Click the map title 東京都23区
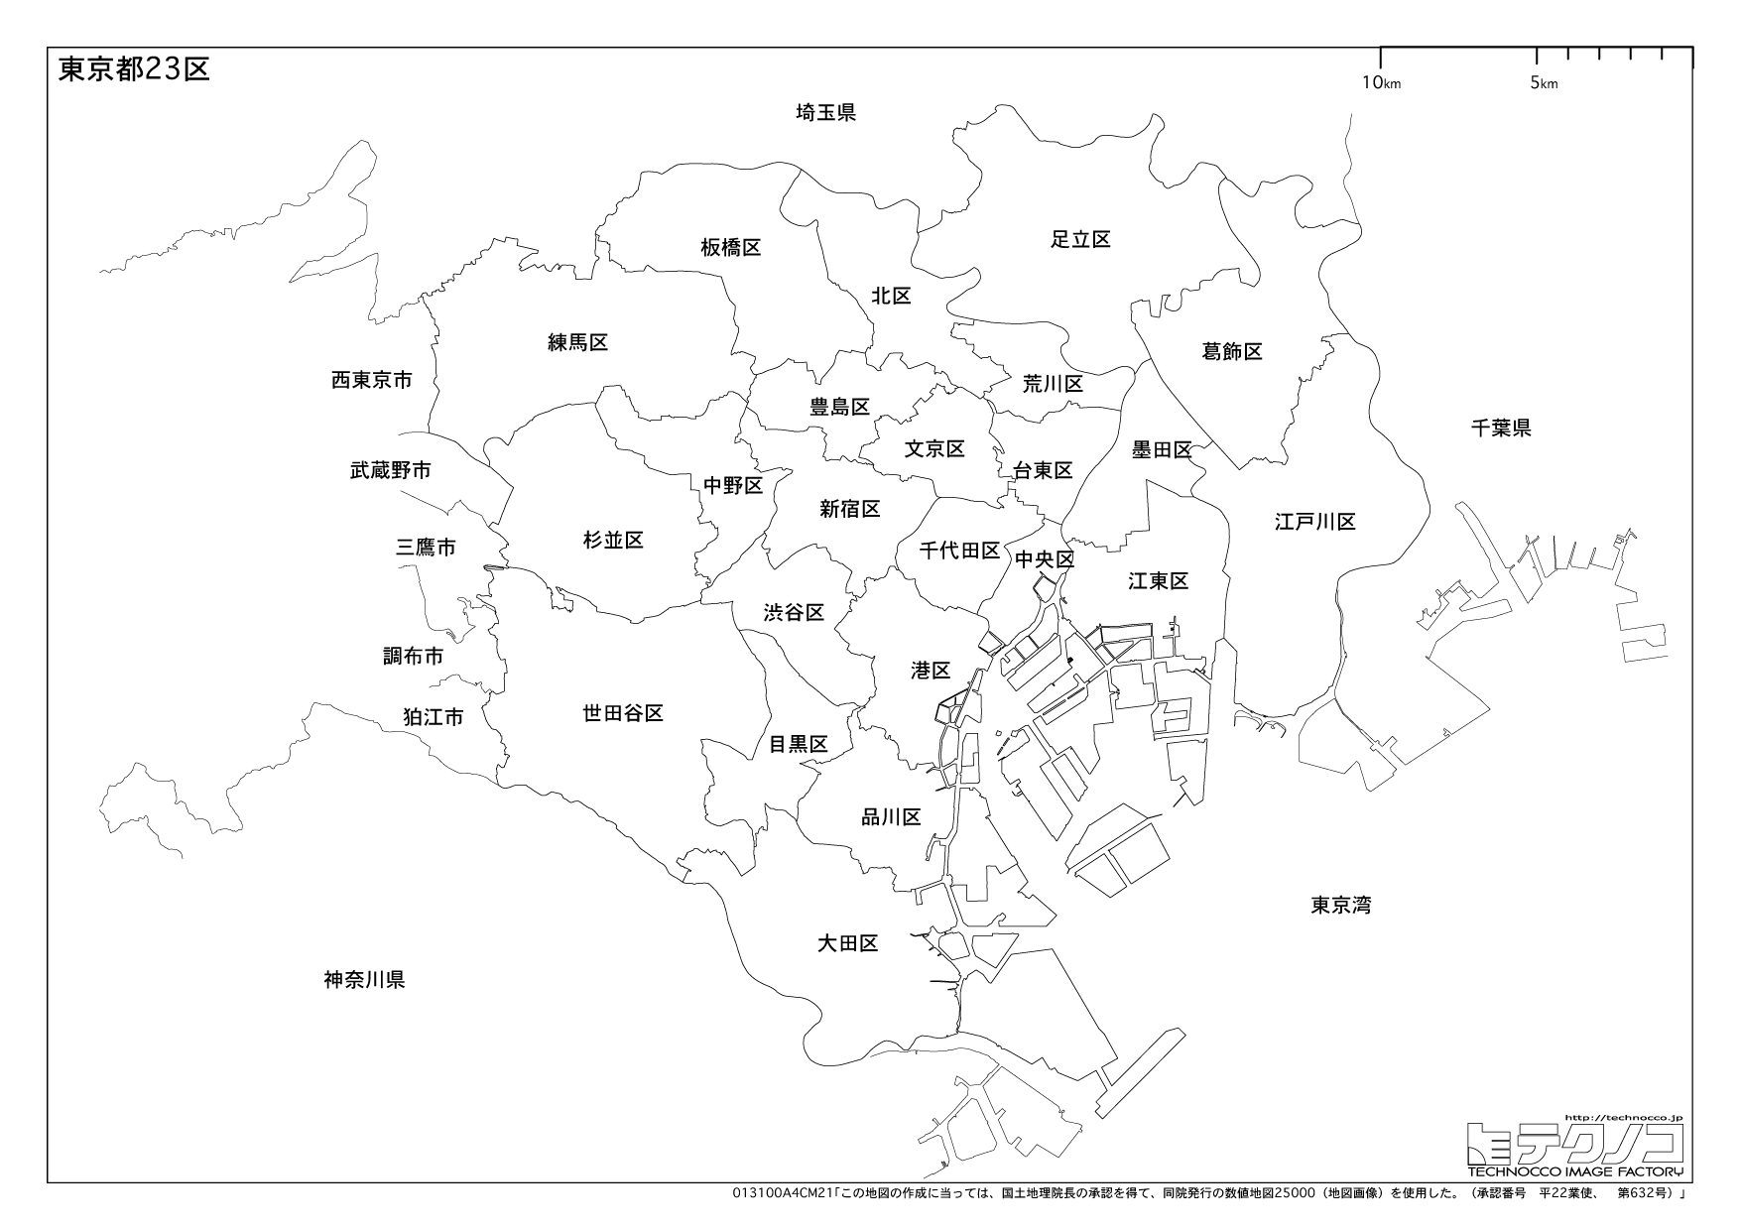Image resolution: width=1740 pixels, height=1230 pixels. pyautogui.click(x=134, y=69)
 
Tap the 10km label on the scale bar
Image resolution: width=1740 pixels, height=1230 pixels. pyautogui.click(x=1381, y=83)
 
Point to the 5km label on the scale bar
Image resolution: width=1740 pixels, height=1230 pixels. pyautogui.click(x=1544, y=83)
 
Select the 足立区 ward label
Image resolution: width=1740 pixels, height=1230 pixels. pyautogui.click(x=1080, y=239)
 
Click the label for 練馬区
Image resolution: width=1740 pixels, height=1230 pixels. pyautogui.click(x=577, y=342)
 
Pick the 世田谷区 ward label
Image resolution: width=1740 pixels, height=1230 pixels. pyautogui.click(x=622, y=712)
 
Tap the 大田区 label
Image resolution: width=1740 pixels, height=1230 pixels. pyautogui.click(x=847, y=942)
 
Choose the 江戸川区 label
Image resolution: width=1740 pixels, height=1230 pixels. pyautogui.click(x=1314, y=522)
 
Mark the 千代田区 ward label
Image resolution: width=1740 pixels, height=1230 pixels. pyautogui.click(x=958, y=551)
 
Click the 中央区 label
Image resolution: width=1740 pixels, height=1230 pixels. pyautogui.click(x=1045, y=560)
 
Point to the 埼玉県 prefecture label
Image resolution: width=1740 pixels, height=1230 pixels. pyautogui.click(x=825, y=112)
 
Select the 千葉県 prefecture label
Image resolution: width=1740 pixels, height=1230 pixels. pyautogui.click(x=1501, y=428)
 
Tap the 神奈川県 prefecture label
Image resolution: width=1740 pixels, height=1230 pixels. pyautogui.click(x=364, y=980)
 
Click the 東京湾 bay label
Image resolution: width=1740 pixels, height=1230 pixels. pyautogui.click(x=1340, y=905)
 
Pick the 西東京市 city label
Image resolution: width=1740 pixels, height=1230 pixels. pyautogui.click(x=371, y=380)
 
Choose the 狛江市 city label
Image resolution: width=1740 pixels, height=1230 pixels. pyautogui.click(x=433, y=716)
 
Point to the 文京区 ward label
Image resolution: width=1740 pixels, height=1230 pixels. pyautogui.click(x=934, y=448)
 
